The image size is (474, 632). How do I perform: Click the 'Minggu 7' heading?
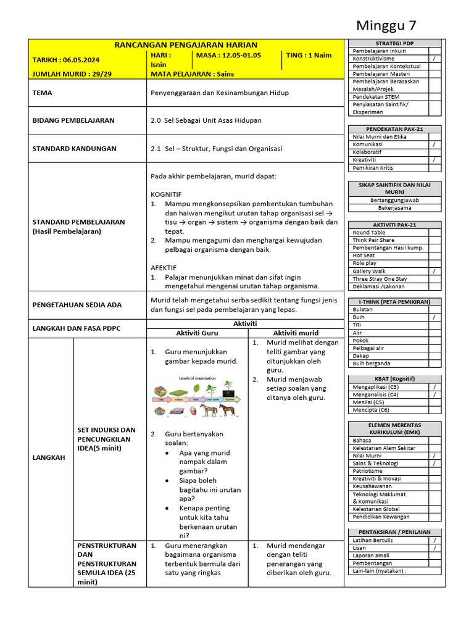point(387,25)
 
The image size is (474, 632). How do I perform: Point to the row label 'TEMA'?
point(43,93)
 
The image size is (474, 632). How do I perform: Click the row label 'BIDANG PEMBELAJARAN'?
point(73,120)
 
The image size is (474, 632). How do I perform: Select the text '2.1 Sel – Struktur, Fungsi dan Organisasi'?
point(216,149)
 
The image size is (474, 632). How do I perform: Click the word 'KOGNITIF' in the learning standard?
point(166,194)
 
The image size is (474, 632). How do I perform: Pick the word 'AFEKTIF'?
point(164,268)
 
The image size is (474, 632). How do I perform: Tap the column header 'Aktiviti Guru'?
point(197,333)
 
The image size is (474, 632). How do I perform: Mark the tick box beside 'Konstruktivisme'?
point(434,59)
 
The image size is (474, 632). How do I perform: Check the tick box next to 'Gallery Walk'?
point(434,271)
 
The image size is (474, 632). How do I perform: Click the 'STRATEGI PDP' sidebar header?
point(394,43)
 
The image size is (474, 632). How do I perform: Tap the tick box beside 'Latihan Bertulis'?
point(434,540)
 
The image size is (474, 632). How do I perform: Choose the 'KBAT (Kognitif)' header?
point(394,378)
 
